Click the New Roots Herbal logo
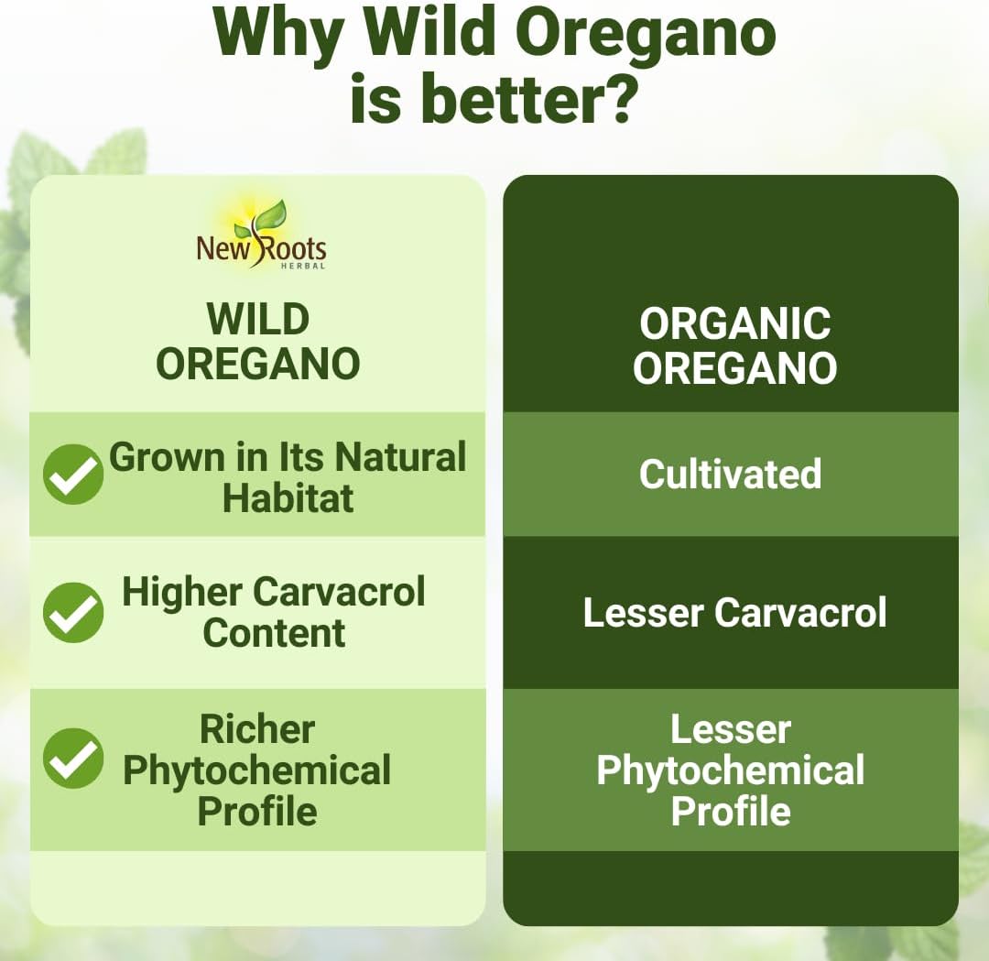coord(261,235)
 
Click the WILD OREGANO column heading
coord(258,342)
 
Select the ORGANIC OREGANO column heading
coord(734,346)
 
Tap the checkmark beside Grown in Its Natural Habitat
coord(73,475)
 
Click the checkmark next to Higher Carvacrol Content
coord(73,612)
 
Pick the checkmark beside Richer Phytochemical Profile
coord(73,759)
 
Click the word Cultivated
coord(730,475)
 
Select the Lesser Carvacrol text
coord(734,613)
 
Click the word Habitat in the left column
coord(288,498)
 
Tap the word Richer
coord(257,729)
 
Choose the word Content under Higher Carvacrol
coord(274,633)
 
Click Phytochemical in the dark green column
coord(730,770)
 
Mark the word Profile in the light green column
coord(257,812)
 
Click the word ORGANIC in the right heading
coord(734,324)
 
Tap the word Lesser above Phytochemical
coord(730,729)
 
